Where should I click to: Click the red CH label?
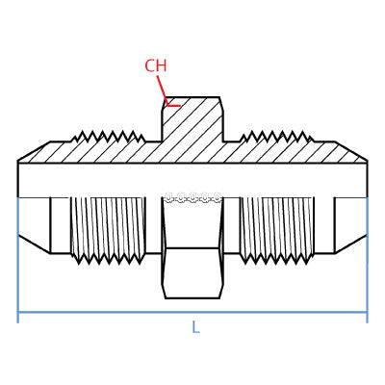156,65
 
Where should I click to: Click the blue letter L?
195,327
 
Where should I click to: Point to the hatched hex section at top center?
192,119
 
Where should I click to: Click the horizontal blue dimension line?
192,312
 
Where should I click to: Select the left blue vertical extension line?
18,260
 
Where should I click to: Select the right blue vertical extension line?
367,260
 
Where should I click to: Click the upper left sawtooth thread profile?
108,137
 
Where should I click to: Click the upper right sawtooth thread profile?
276,137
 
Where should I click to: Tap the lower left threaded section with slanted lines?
108,225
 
